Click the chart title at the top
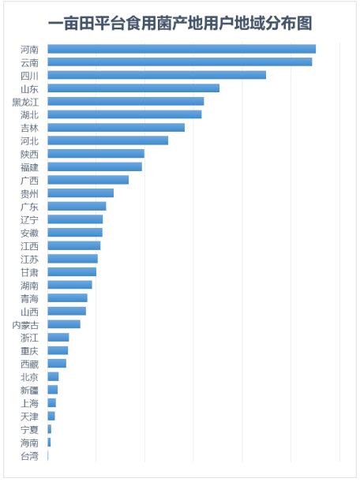point(180,24)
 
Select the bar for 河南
point(182,49)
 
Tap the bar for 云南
point(180,62)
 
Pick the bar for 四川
point(156,75)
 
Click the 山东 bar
point(133,88)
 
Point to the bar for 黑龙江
point(126,101)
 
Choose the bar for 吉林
point(116,128)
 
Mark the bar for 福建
point(95,167)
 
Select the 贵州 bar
point(81,193)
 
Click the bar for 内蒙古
point(64,324)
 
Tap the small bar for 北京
point(53,376)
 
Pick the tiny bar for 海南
point(49,442)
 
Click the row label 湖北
point(29,114)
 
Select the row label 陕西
point(29,154)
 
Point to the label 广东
point(29,207)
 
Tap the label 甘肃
point(29,272)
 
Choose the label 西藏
point(29,364)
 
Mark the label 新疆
point(29,390)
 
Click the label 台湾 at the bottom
point(29,456)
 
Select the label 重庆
point(29,351)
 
